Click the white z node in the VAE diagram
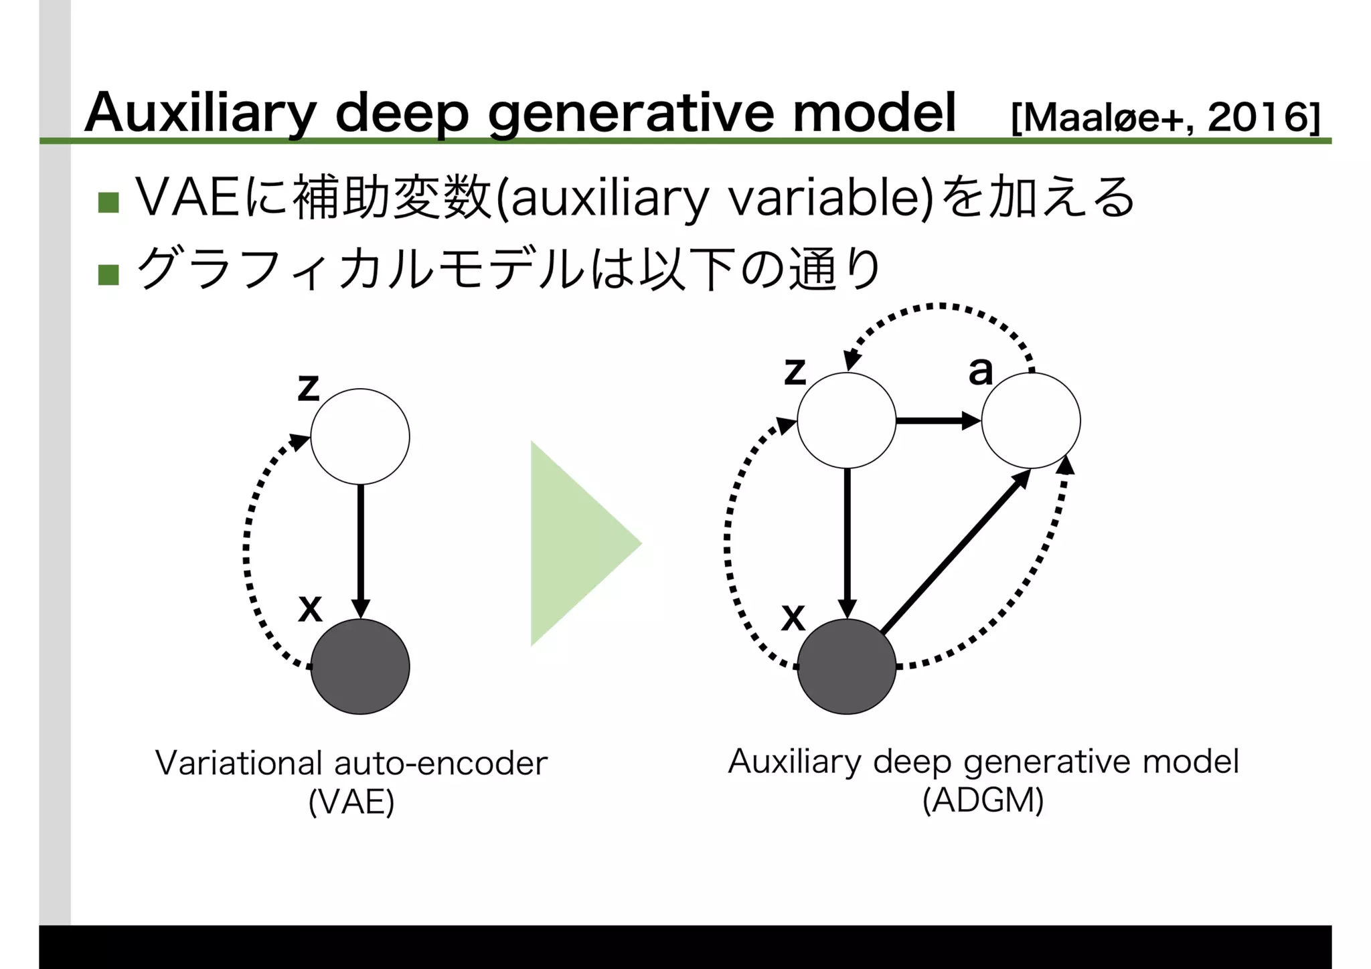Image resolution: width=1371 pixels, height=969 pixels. tap(360, 436)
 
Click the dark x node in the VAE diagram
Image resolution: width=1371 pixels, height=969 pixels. tap(360, 667)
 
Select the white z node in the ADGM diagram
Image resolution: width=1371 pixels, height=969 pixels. tap(846, 420)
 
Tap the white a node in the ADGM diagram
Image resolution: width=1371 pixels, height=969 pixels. tap(1031, 420)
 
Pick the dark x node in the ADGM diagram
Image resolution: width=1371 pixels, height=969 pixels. tap(846, 667)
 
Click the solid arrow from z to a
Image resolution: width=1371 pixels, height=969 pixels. tap(937, 421)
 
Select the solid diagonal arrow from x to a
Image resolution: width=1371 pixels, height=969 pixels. tap(954, 552)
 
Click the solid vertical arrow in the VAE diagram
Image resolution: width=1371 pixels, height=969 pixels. tap(361, 549)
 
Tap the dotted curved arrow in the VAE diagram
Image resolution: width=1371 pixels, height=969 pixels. tap(247, 549)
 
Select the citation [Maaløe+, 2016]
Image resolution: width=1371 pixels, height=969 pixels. tap(1165, 118)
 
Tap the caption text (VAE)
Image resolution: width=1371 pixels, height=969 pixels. tap(351, 802)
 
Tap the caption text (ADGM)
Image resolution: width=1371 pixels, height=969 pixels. tap(983, 800)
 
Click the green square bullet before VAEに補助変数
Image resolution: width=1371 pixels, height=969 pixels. tap(108, 202)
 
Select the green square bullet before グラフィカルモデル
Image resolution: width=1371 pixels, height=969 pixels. tap(108, 274)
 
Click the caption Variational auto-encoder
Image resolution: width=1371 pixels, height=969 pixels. tap(351, 763)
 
